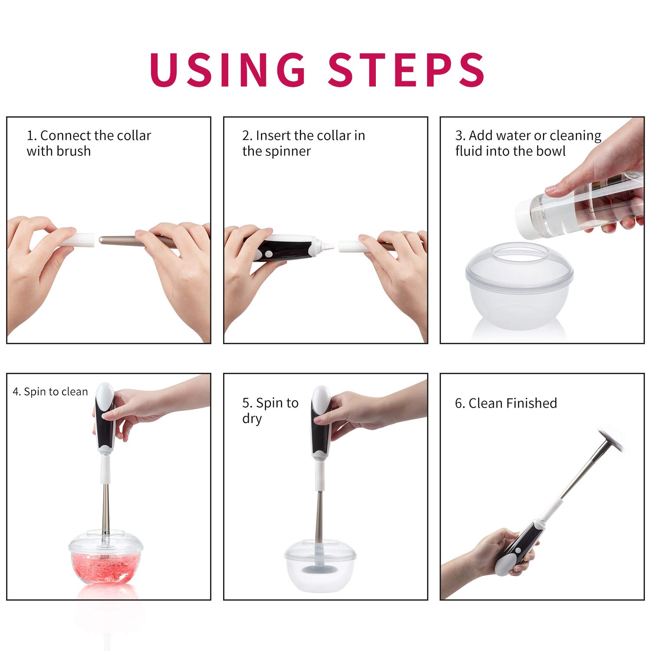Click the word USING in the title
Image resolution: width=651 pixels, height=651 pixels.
click(228, 69)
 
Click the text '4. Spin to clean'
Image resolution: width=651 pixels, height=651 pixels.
click(50, 391)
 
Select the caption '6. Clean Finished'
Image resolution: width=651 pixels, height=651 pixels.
click(506, 403)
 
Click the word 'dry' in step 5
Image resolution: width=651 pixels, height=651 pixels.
click(252, 419)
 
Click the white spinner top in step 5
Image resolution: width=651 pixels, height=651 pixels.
click(320, 398)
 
